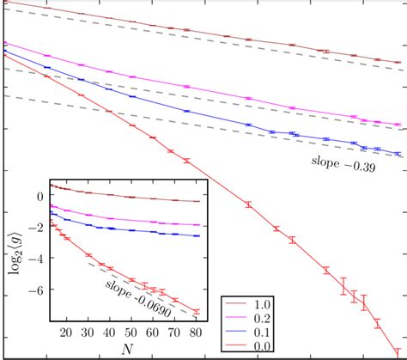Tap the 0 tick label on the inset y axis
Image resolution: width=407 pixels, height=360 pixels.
pyautogui.click(x=38, y=197)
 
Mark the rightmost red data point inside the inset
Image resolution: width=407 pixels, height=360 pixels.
pyautogui.click(x=196, y=312)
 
